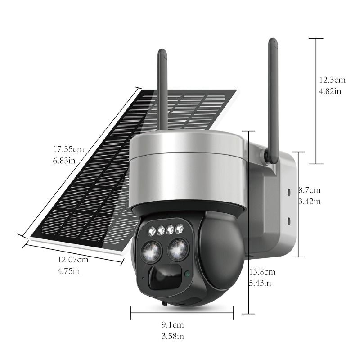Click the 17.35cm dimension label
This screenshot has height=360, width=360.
(x=69, y=149)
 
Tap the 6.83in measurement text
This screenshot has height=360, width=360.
(x=64, y=161)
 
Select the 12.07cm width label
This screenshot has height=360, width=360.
(x=73, y=260)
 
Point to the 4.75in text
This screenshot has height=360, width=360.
(x=68, y=271)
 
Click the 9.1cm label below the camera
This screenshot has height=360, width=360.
(x=173, y=325)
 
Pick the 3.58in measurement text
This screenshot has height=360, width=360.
(x=173, y=336)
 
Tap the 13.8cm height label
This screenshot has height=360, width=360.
(x=262, y=272)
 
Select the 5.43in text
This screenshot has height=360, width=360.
(x=260, y=283)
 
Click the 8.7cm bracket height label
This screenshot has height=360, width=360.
(x=310, y=190)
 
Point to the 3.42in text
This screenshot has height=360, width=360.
(x=310, y=202)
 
